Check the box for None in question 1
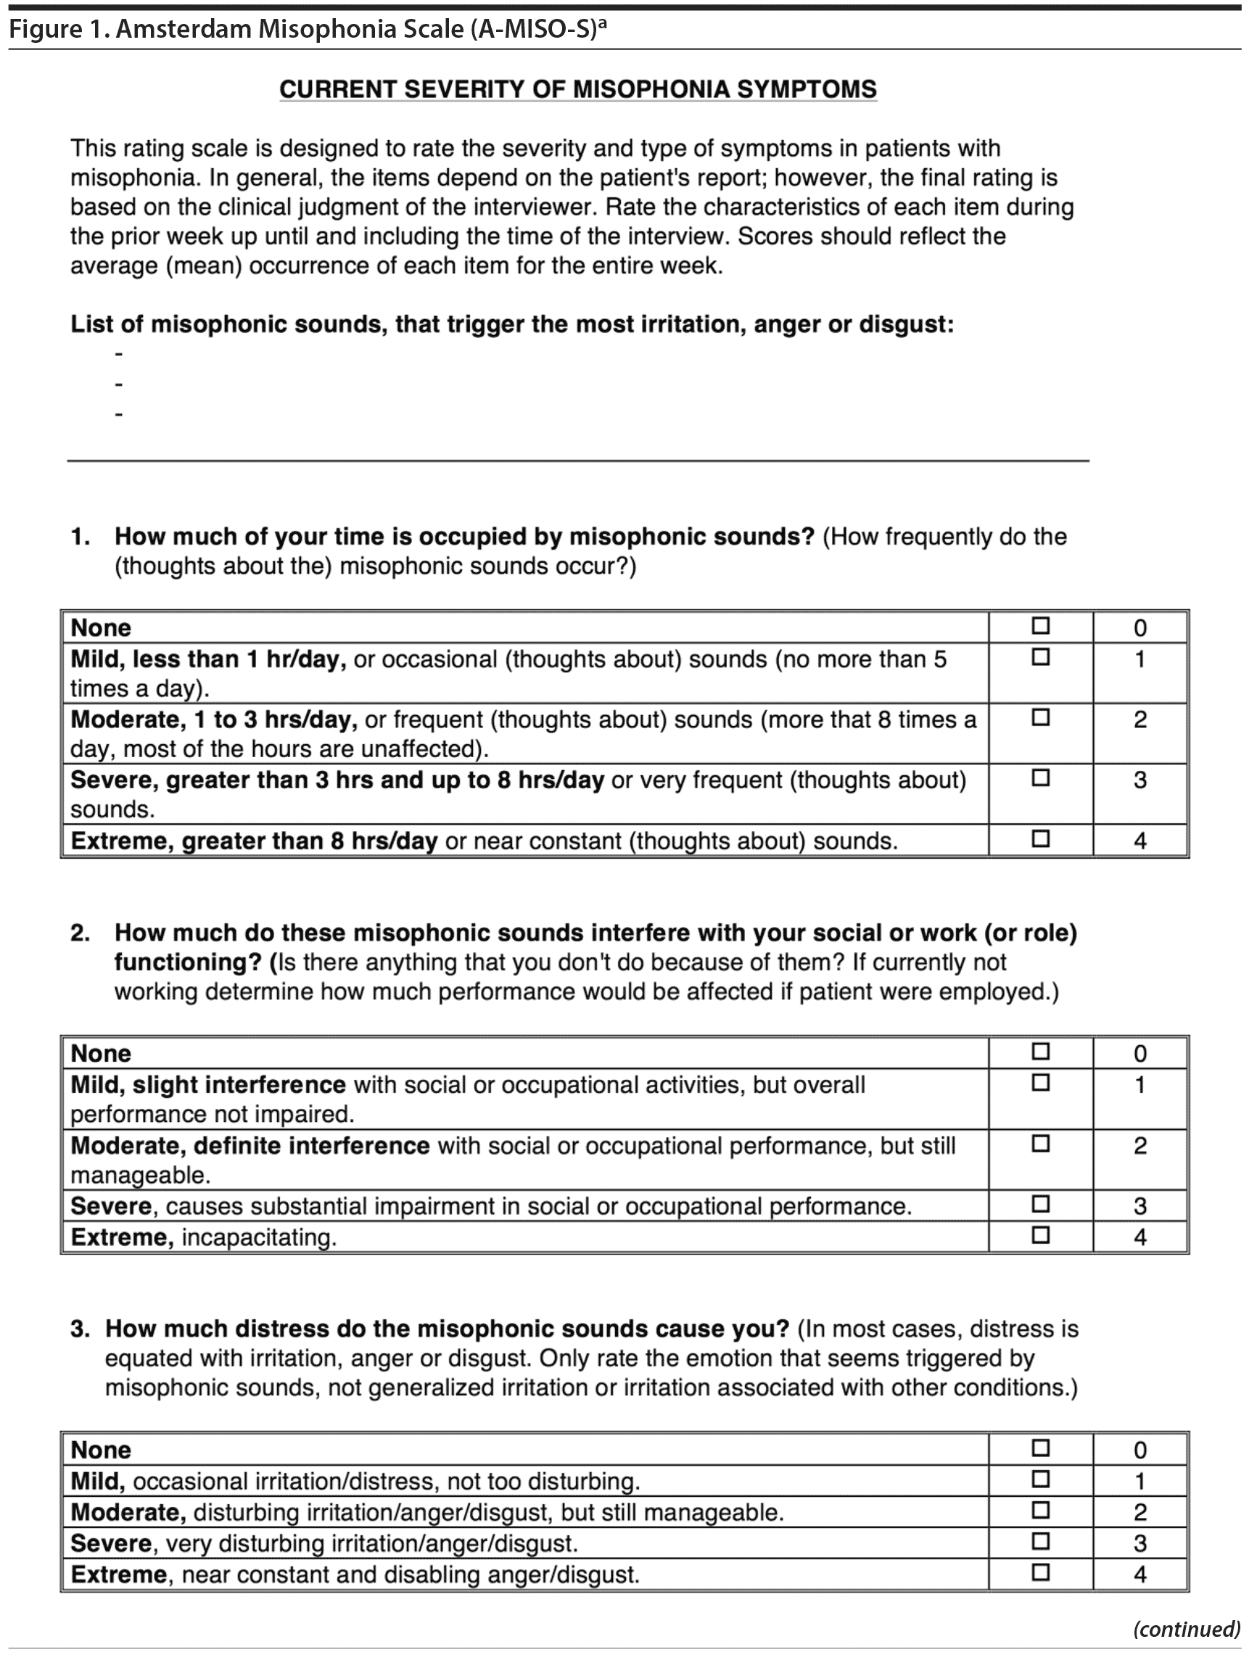(1041, 626)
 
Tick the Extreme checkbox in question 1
(1041, 838)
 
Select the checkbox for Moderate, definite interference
(1041, 1144)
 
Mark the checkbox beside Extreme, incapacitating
(1041, 1235)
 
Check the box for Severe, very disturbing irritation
(1041, 1541)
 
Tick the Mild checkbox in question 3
(1041, 1479)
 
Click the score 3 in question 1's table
(1140, 780)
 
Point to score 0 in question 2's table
(1140, 1054)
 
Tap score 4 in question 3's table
(1140, 1574)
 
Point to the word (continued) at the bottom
(1186, 1630)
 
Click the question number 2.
(80, 933)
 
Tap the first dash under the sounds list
(118, 354)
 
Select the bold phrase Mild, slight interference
(208, 1085)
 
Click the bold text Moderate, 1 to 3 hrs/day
(213, 720)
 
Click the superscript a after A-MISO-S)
(603, 25)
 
